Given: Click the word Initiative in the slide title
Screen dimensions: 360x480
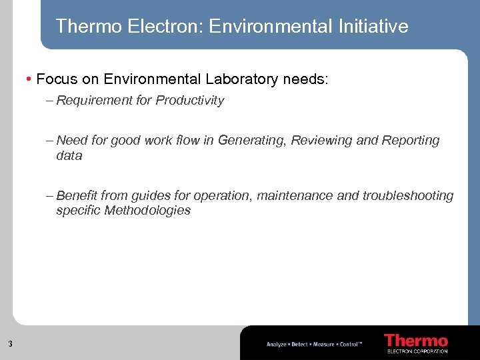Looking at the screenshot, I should [374, 26].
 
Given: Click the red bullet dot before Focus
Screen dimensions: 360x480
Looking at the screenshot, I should [29, 79].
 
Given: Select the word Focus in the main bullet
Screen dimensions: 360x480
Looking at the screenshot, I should [58, 79].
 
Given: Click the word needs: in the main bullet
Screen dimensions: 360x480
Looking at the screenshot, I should [306, 79].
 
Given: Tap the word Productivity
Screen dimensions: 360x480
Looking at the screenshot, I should [190, 101].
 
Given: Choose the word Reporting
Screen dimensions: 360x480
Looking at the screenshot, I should [411, 141].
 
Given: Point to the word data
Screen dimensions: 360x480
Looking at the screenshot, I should [69, 156].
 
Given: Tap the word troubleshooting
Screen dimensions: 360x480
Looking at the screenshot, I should [407, 196].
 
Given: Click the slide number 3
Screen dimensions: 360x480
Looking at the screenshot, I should [10, 344].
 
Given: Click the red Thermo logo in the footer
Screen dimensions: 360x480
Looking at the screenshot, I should [416, 340].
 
